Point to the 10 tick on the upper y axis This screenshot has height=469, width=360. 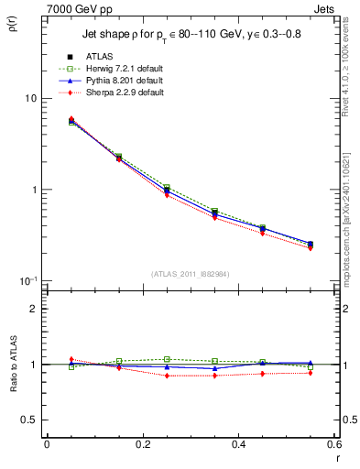click(30, 99)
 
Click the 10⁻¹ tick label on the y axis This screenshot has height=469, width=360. click(27, 281)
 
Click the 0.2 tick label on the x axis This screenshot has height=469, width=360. click(143, 444)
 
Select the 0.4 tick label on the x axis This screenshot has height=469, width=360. click(239, 444)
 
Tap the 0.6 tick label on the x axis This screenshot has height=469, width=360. click(334, 444)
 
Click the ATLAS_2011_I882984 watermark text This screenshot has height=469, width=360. click(191, 274)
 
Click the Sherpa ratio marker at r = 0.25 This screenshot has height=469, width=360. click(167, 376)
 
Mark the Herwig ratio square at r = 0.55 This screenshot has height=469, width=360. click(311, 367)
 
